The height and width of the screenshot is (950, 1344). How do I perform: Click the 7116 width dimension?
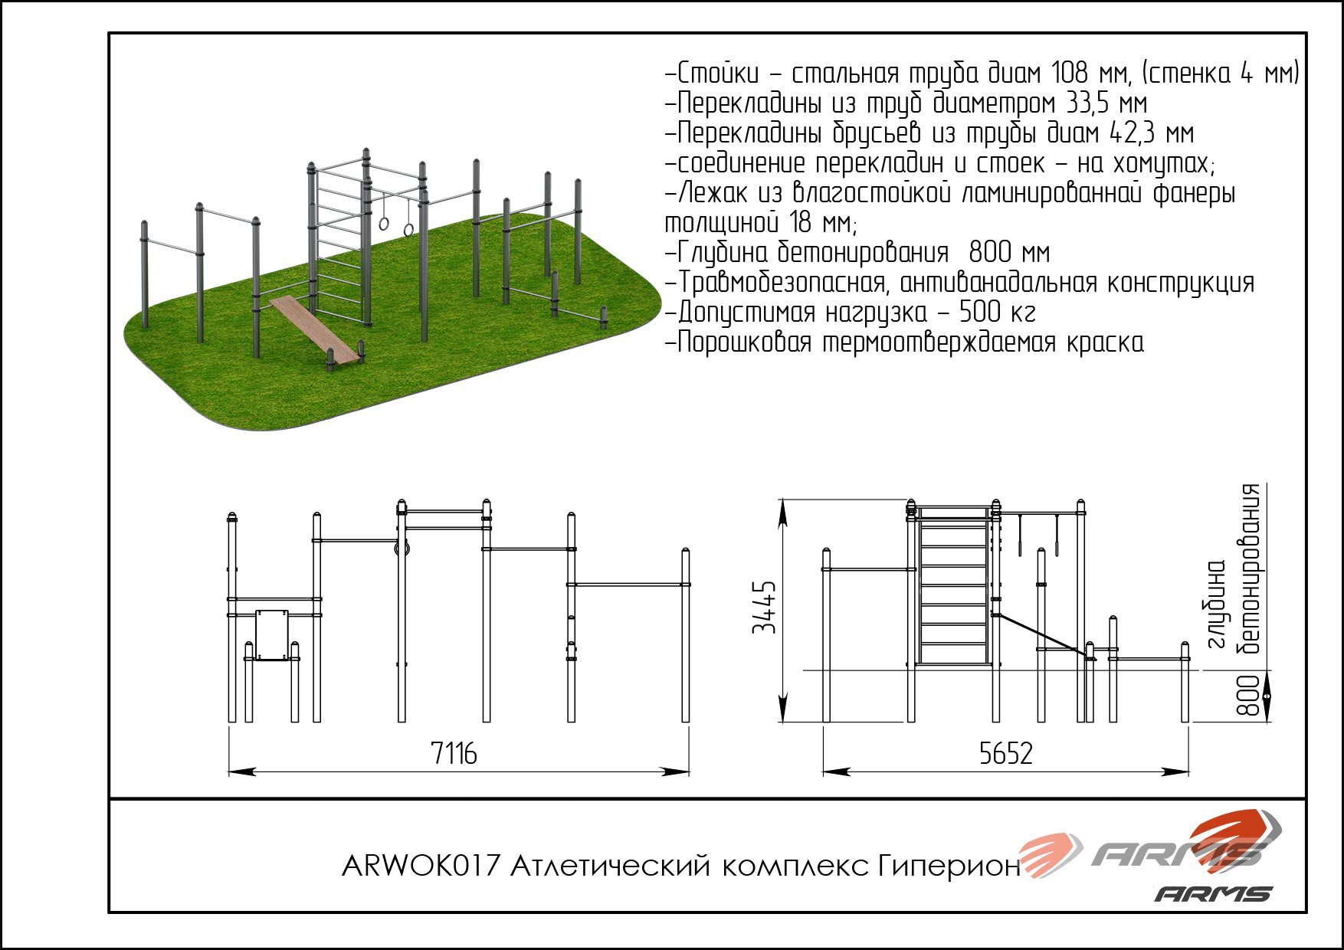(454, 754)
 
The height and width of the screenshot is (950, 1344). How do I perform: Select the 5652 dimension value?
(1005, 754)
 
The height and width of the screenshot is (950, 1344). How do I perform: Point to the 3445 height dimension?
(765, 608)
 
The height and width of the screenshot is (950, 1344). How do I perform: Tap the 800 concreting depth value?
(1248, 695)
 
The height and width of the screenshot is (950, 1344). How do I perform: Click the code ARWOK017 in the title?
(420, 866)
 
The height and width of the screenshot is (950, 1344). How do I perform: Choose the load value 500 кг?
(997, 313)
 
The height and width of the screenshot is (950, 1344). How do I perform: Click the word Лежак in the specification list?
(716, 193)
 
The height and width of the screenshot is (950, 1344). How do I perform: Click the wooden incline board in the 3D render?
(314, 328)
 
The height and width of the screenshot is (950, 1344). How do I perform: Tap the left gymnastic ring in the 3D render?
(384, 223)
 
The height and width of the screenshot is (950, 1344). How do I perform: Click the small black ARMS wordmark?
(1213, 893)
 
